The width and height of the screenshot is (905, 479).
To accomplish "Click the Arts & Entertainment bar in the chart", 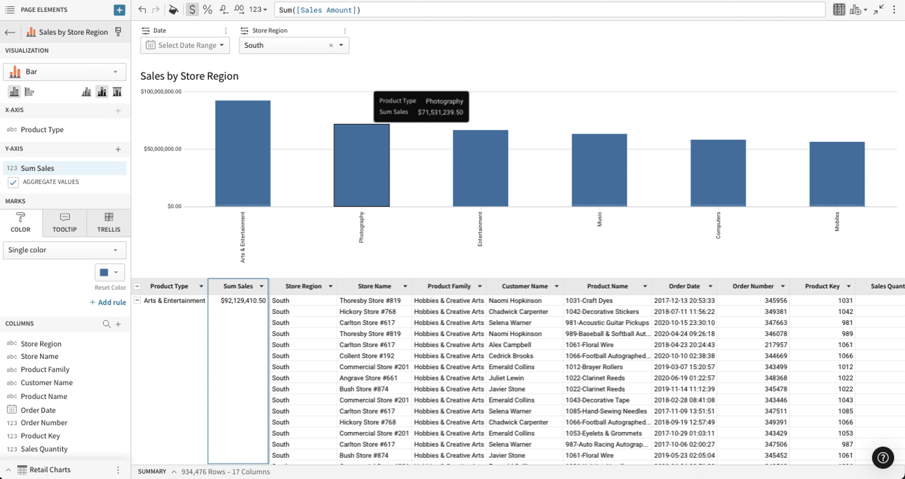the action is pyautogui.click(x=243, y=153).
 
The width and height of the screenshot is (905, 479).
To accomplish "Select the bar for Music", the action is pyautogui.click(x=599, y=170).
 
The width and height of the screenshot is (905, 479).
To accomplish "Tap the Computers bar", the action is pyautogui.click(x=718, y=173).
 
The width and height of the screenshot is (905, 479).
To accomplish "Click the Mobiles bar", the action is pyautogui.click(x=837, y=174).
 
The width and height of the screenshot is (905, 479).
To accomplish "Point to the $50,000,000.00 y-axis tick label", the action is pyautogui.click(x=162, y=149).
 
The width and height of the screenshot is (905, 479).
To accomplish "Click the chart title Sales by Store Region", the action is pyautogui.click(x=189, y=76).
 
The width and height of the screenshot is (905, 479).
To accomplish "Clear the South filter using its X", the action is pyautogui.click(x=331, y=45).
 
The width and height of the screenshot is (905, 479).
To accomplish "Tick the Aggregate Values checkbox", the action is pyautogui.click(x=13, y=182).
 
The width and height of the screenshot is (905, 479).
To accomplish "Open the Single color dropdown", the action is pyautogui.click(x=65, y=250).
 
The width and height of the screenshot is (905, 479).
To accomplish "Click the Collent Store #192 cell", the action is pyautogui.click(x=367, y=356).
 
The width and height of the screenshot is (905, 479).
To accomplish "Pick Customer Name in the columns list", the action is pyautogui.click(x=47, y=383).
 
